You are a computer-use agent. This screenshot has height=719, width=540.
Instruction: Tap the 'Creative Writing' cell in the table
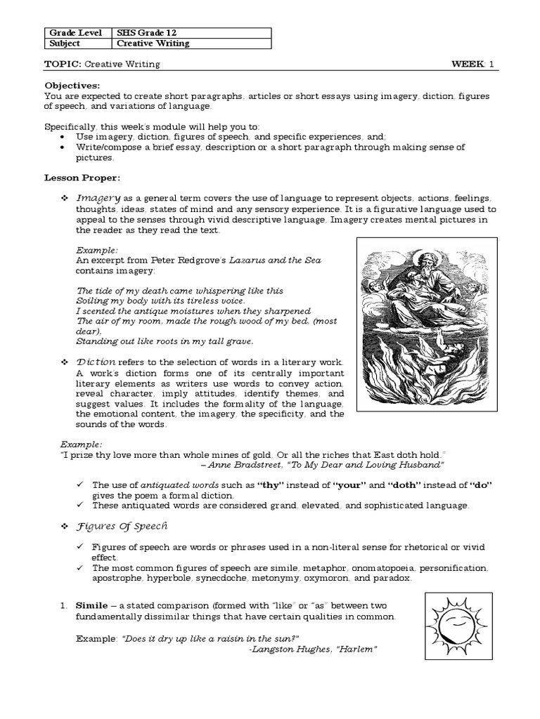coord(153,44)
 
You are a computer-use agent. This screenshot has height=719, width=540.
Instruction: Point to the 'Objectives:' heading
coord(70,86)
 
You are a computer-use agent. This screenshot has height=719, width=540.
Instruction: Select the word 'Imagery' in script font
coord(98,199)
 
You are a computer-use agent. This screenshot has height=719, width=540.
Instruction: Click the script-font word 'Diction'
coord(95,361)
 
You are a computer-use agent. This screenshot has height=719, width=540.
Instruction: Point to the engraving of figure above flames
coord(426,324)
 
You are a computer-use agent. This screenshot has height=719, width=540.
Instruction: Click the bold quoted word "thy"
coord(269,485)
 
